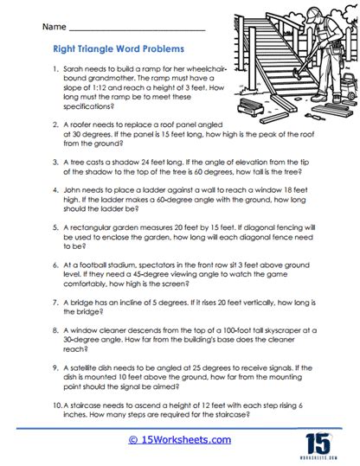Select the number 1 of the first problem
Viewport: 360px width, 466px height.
tap(55, 67)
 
